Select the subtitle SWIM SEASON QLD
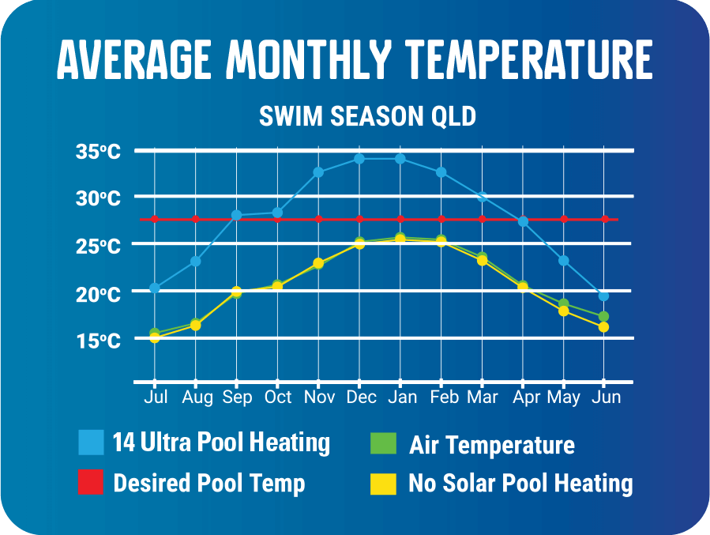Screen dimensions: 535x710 [x=368, y=117]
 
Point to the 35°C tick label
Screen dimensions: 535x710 [x=98, y=151]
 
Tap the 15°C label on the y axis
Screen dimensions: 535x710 [x=98, y=341]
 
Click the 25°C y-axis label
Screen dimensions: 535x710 [x=98, y=246]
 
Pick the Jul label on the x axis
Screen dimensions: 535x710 [x=156, y=397]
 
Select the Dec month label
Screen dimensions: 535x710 [x=360, y=397]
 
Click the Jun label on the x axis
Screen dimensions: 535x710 [x=606, y=397]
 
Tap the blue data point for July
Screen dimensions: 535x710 [x=155, y=288]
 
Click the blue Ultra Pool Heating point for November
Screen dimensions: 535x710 [x=318, y=172]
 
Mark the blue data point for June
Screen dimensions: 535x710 [x=603, y=296]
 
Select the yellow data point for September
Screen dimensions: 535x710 [x=236, y=292]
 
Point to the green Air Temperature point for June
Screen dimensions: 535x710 [x=603, y=316]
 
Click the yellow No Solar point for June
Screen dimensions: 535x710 [x=603, y=327]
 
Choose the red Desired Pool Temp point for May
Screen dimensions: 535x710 [x=564, y=219]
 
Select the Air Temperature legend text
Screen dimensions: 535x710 [x=491, y=445]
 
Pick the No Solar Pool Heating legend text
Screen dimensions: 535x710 [x=520, y=483]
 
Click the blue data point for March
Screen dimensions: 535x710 [x=482, y=197]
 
